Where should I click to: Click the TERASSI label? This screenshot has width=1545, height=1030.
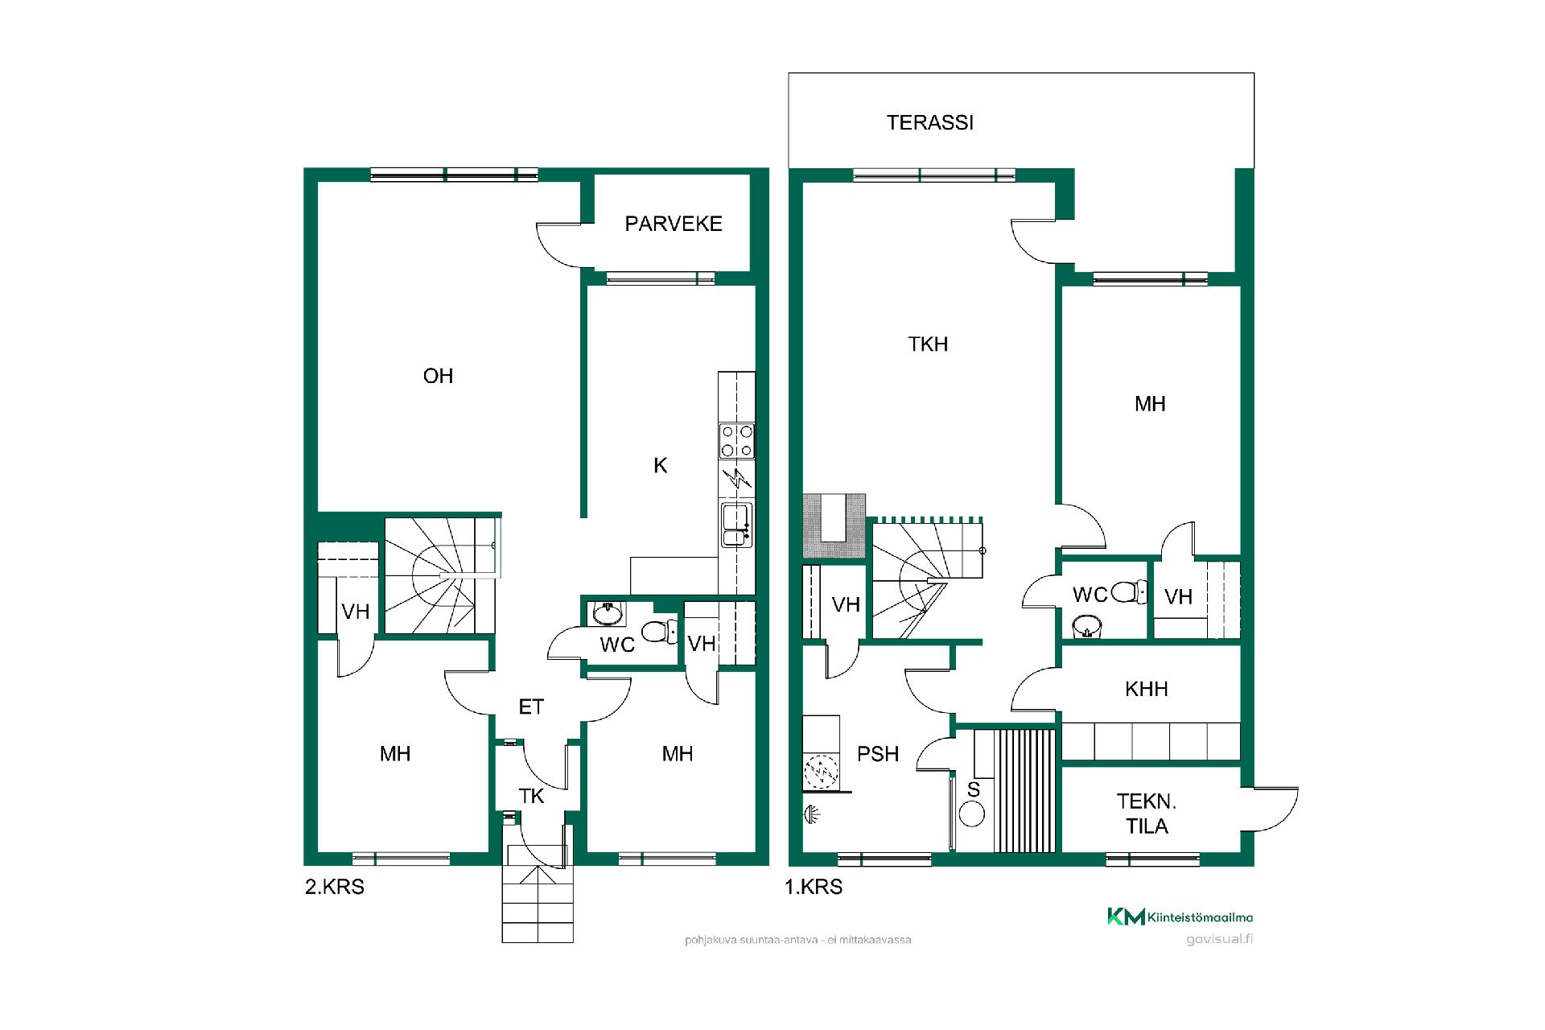coord(930,122)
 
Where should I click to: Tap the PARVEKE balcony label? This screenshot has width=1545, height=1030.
coord(674,224)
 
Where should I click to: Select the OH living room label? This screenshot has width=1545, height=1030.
coord(439,376)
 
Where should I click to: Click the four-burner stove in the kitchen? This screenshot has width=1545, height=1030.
coord(737,441)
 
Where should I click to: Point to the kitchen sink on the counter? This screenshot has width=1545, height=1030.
coord(737,524)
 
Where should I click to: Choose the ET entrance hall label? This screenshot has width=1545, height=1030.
coord(531,707)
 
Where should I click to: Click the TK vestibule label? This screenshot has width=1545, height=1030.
coord(531,796)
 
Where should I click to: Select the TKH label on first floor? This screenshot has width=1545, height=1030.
coord(928,344)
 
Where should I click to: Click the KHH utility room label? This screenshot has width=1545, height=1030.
coord(1147,689)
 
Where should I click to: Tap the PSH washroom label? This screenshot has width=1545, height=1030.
coord(878,754)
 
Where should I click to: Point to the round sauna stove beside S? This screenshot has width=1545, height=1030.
coord(972,814)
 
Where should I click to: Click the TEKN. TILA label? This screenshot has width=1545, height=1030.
coord(1147,814)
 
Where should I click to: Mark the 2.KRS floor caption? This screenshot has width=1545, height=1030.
coord(335,887)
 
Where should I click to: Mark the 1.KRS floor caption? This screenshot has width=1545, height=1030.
coord(814,887)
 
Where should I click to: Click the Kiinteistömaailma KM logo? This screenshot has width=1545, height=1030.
coord(1180,917)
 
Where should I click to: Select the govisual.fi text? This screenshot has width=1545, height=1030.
coord(1220,939)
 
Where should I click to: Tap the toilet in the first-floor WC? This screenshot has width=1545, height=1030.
coord(1132,592)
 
